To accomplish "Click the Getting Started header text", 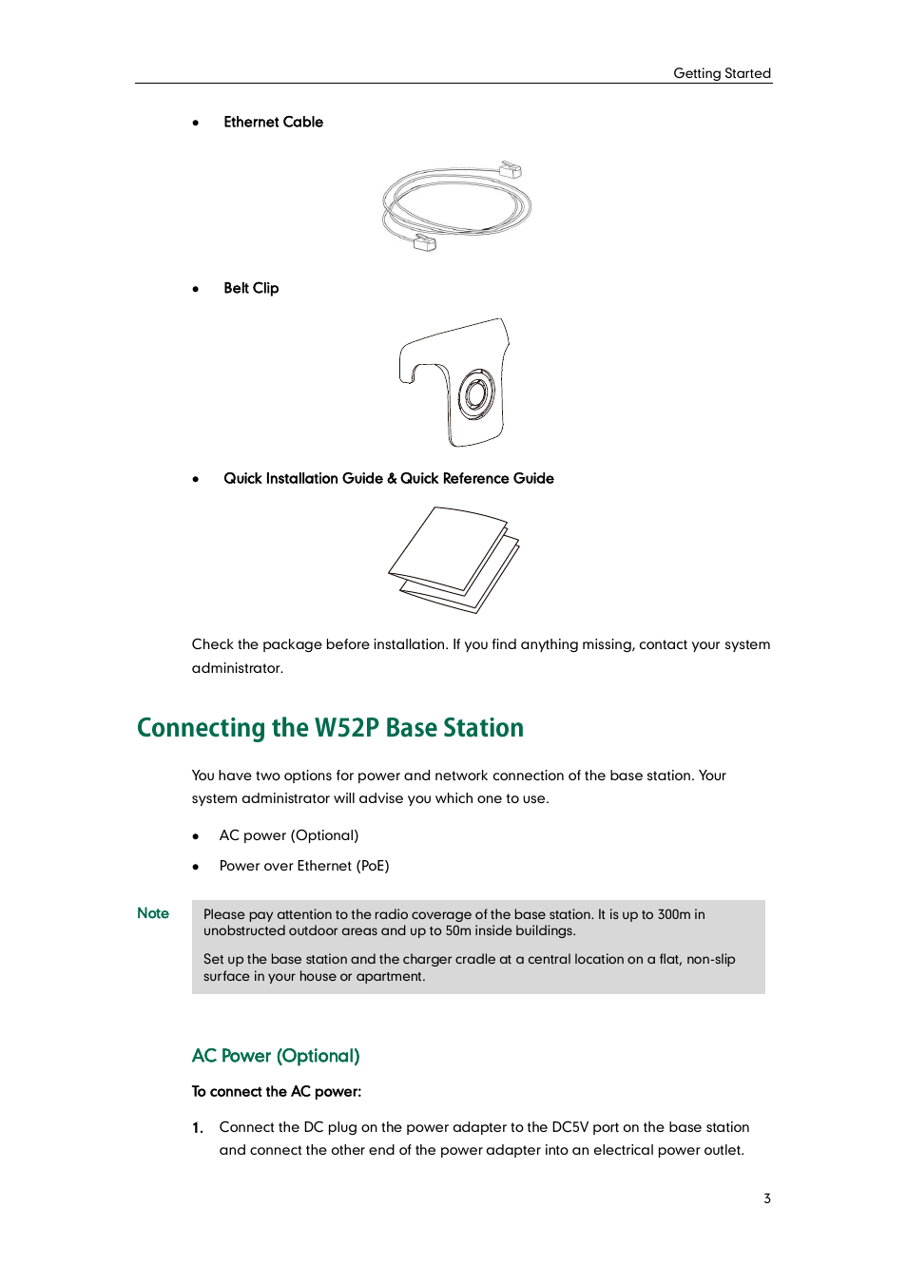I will [722, 73].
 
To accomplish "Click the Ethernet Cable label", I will [273, 122].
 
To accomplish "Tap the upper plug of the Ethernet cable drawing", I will [511, 170].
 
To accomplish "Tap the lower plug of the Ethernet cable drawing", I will [424, 243].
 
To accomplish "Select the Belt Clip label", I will [251, 288].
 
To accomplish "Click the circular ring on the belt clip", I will [476, 395].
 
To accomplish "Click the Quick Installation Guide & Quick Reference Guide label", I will [388, 478].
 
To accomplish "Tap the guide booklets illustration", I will [453, 560].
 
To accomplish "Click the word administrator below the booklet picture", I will [237, 668].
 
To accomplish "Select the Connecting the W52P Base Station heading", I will [330, 728].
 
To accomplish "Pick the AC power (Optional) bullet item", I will [288, 835].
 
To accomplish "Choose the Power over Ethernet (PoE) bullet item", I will [303, 866].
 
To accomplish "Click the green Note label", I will [152, 913].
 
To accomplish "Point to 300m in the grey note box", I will [673, 914].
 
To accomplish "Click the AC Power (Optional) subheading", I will [276, 1056].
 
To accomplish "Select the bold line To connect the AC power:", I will [276, 1091].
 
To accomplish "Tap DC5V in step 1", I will [569, 1127].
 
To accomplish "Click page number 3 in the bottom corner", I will [766, 1198].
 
